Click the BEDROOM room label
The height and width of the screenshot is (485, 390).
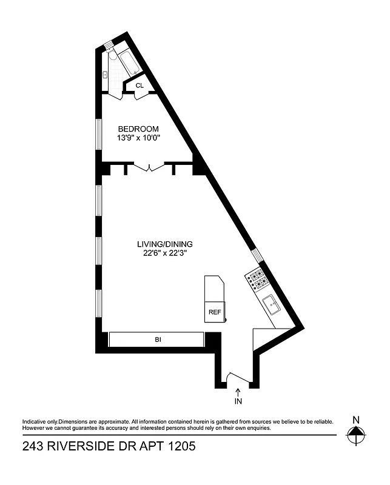pyautogui.click(x=138, y=129)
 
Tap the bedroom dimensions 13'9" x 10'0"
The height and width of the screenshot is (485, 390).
pyautogui.click(x=138, y=138)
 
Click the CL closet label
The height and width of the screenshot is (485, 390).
pyautogui.click(x=140, y=85)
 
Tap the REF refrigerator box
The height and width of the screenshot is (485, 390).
pyautogui.click(x=215, y=312)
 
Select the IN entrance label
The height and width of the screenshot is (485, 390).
pyautogui.click(x=238, y=401)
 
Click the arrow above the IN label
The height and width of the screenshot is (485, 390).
pyautogui.click(x=238, y=392)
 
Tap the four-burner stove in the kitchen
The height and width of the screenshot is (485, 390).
pyautogui.click(x=257, y=279)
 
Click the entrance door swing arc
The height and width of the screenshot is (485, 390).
pyautogui.click(x=233, y=378)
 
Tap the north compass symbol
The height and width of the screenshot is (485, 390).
pyautogui.click(x=356, y=434)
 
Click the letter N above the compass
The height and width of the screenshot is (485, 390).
pyautogui.click(x=356, y=420)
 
